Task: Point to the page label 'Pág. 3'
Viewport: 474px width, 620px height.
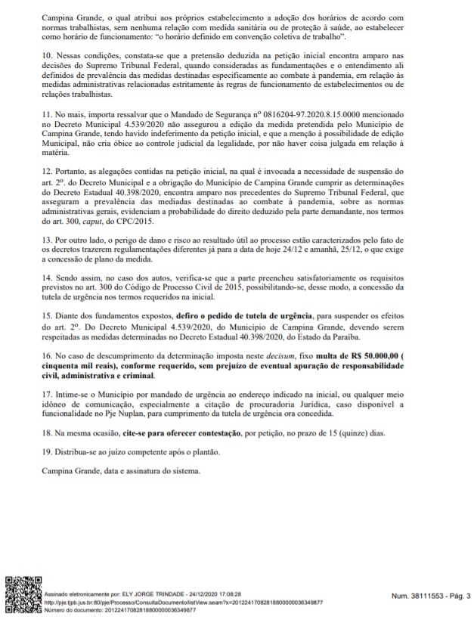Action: (457, 595)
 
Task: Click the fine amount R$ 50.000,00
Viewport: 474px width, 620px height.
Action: (400, 355)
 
